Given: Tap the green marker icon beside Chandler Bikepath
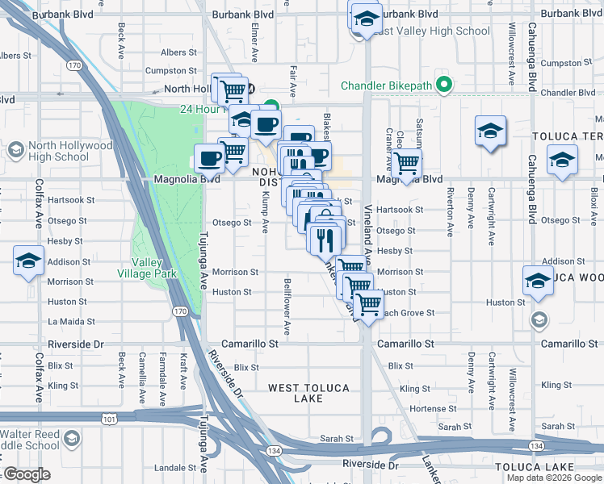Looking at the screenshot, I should tap(443, 84).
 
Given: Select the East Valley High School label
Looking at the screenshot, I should tap(426, 31).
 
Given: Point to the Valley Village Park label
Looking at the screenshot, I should tap(154, 268).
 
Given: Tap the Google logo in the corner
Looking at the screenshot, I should tap(26, 474).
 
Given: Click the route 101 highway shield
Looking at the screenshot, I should tap(108, 419).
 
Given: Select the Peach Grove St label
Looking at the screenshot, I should tap(408, 312).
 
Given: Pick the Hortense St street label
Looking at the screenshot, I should tap(428, 408).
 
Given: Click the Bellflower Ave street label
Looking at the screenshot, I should tap(287, 307).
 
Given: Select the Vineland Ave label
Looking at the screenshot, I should tap(369, 240).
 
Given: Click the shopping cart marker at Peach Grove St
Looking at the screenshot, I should tap(368, 305).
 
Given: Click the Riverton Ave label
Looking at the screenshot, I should tap(450, 211).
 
